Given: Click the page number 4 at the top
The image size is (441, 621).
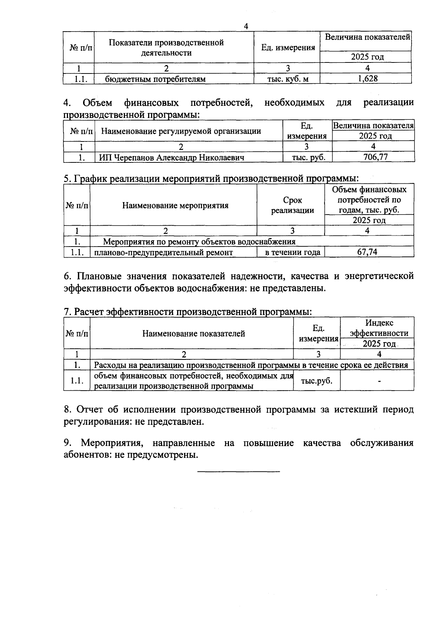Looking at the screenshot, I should click(246, 26).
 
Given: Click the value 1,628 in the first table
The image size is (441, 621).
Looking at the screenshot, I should click(367, 79).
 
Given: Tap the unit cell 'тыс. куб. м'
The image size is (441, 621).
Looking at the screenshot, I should click(288, 79).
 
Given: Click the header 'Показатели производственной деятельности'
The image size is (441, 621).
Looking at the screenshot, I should click(166, 47).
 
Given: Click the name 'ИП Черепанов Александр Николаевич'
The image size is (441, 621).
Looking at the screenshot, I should click(172, 158).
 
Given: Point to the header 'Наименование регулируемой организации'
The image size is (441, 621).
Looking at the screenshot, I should click(181, 131).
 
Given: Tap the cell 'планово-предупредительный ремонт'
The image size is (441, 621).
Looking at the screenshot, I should click(164, 252).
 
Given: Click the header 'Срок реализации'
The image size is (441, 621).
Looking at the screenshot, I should click(293, 205).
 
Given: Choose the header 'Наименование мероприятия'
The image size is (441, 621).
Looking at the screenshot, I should click(175, 205).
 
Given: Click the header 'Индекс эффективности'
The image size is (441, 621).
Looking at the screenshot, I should click(379, 328).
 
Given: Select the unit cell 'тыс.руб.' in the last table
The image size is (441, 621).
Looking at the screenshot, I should click(316, 381).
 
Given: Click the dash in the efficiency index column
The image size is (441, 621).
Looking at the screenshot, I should click(379, 381).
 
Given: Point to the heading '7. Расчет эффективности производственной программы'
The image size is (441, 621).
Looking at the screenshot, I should click(188, 312).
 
